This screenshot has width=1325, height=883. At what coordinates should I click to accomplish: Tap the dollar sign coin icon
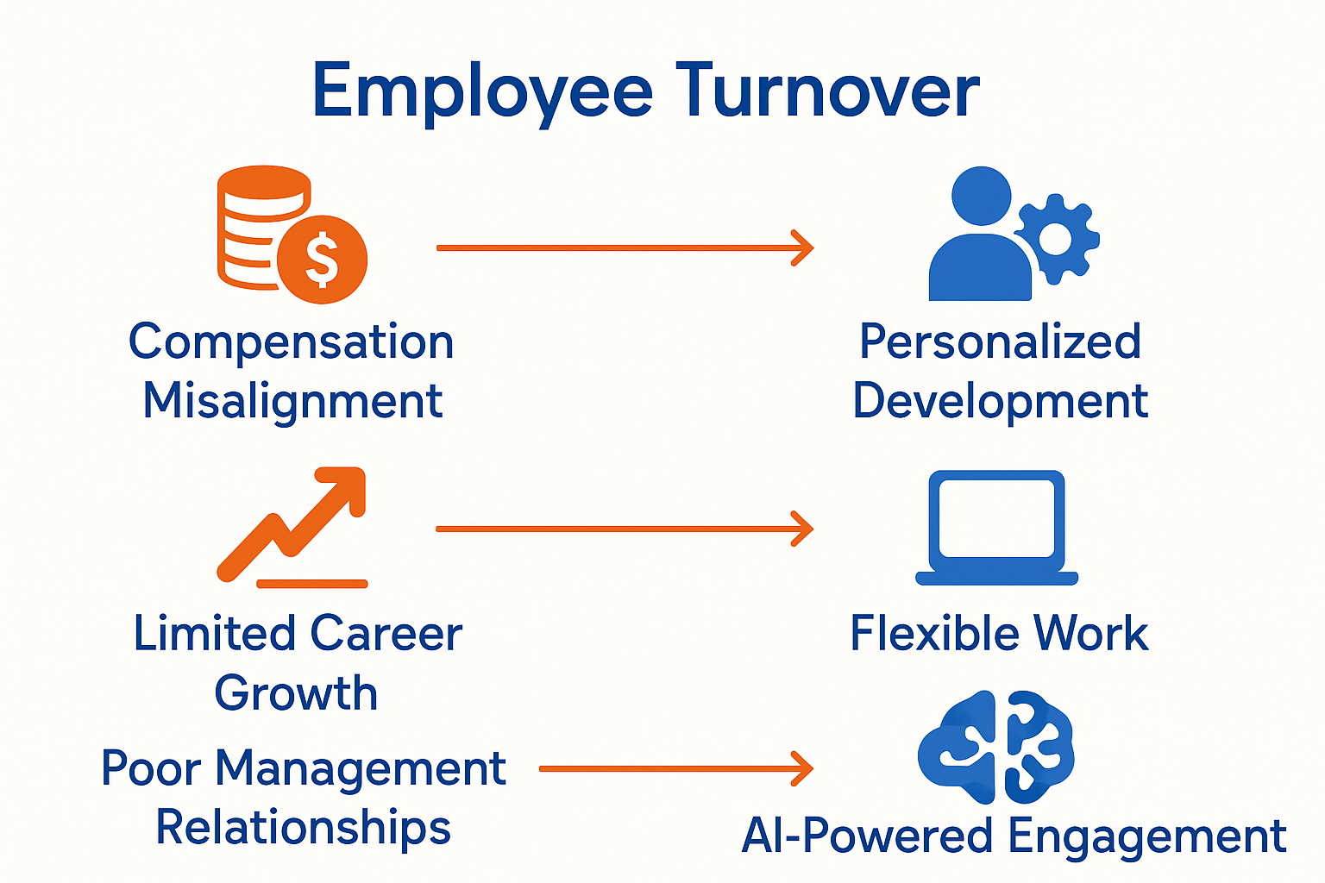tap(323, 259)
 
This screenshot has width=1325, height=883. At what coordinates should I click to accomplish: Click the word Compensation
tap(292, 342)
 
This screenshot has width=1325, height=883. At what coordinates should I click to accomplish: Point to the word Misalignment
tap(292, 402)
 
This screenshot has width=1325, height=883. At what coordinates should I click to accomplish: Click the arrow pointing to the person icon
tap(625, 248)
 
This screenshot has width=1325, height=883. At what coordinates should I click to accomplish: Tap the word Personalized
tap(1000, 342)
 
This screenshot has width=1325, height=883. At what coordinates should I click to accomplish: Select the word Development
tap(1000, 402)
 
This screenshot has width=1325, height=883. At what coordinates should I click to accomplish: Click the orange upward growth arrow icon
tap(293, 522)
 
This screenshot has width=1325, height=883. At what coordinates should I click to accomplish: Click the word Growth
tap(296, 693)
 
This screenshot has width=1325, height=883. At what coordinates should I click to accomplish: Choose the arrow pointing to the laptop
tap(625, 529)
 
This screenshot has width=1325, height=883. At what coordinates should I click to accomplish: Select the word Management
tap(360, 768)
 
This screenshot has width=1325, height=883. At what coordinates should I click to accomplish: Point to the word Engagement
tap(1147, 836)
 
